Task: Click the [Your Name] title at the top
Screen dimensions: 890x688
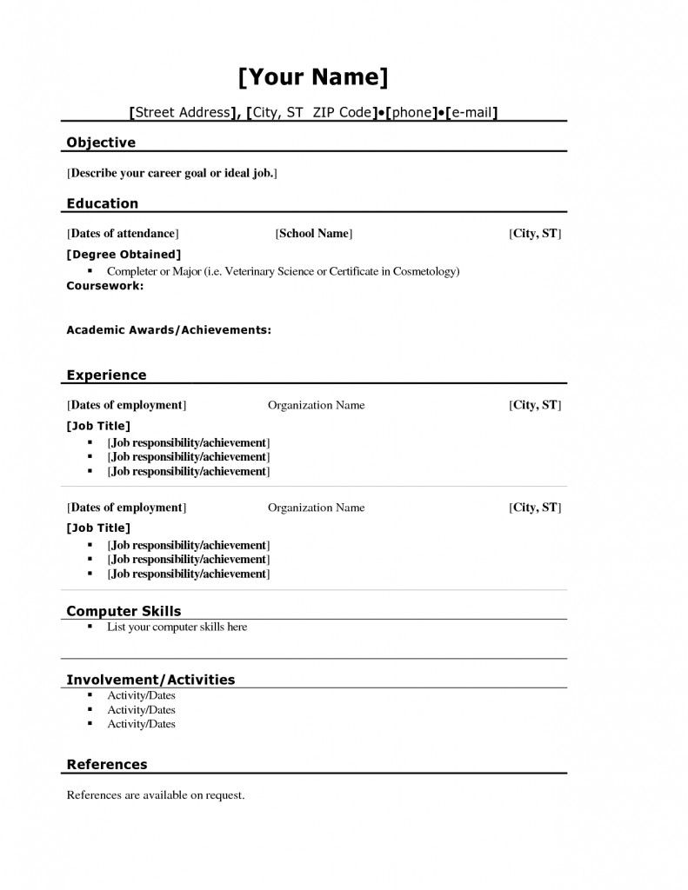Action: [312, 77]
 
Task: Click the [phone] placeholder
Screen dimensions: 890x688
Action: [410, 113]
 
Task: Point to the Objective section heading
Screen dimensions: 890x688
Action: [101, 143]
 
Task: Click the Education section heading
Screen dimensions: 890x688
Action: [103, 203]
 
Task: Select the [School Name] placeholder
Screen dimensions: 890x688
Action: [314, 234]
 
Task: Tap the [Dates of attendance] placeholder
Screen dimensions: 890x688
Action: [123, 234]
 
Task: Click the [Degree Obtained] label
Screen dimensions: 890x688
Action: [124, 255]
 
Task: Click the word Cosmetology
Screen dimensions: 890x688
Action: [424, 272]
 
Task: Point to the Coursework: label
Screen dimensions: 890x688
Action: [105, 285]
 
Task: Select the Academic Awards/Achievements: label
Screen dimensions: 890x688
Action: [169, 330]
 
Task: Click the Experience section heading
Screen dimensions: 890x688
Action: [106, 375]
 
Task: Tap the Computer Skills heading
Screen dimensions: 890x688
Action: [124, 611]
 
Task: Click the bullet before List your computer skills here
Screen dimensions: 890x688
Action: [90, 627]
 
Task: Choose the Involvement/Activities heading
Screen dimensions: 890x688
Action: [150, 680]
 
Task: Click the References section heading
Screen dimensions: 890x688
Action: [107, 765]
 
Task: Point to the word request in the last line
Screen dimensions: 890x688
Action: [224, 795]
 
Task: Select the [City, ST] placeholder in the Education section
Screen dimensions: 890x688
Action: [535, 234]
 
